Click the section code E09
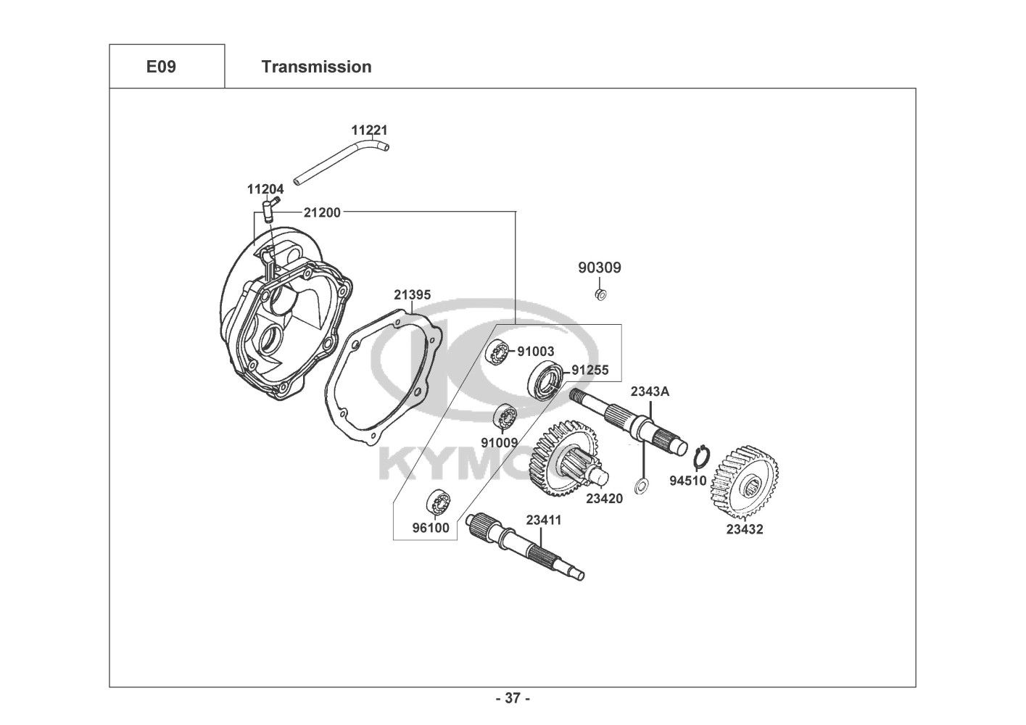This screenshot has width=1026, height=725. (161, 67)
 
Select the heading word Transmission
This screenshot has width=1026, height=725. (317, 67)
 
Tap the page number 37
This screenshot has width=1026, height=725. (513, 698)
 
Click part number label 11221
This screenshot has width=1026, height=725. (369, 130)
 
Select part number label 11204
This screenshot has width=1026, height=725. (265, 188)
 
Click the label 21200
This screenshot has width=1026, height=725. (322, 212)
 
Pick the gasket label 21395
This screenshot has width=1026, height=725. (413, 294)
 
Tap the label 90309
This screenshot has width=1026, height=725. (600, 268)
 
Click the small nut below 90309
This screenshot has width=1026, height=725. (600, 294)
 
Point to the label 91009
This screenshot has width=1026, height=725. (500, 442)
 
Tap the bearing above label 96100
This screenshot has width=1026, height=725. (439, 502)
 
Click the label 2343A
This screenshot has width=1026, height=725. (650, 391)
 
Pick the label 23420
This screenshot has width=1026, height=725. (605, 498)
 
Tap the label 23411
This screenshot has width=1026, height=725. (544, 521)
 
